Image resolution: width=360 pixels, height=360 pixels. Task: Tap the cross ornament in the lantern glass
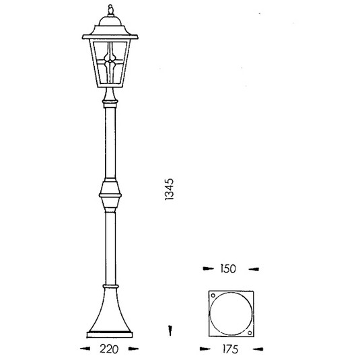pos(111,67)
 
